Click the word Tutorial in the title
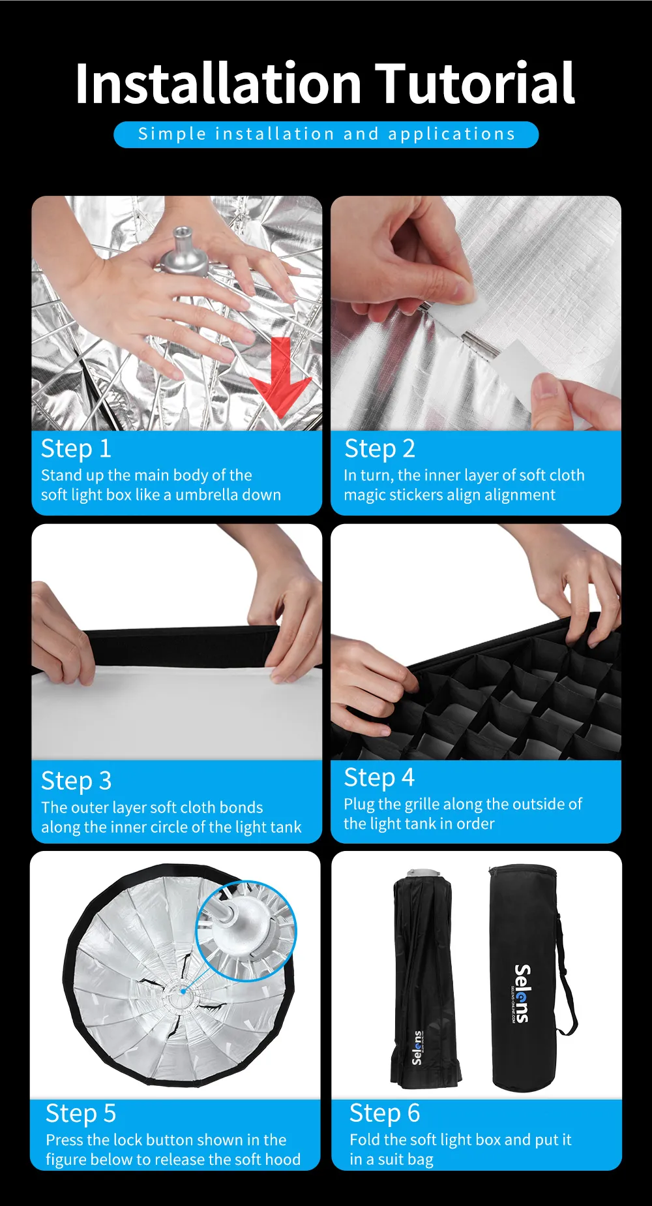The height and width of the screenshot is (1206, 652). [476, 83]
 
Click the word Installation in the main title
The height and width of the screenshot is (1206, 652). [218, 83]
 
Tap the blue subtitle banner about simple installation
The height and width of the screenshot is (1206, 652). [326, 134]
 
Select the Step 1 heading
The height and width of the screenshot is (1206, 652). [76, 449]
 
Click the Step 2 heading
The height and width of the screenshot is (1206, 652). [379, 449]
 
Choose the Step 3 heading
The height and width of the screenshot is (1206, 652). [76, 781]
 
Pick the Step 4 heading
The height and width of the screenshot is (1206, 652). [379, 778]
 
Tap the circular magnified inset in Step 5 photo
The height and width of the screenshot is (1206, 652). [246, 931]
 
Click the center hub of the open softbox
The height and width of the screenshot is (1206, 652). [183, 992]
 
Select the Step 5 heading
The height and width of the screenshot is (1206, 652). [81, 1113]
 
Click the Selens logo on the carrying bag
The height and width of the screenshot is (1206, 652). [522, 993]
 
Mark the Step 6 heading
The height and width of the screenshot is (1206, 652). [385, 1113]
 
